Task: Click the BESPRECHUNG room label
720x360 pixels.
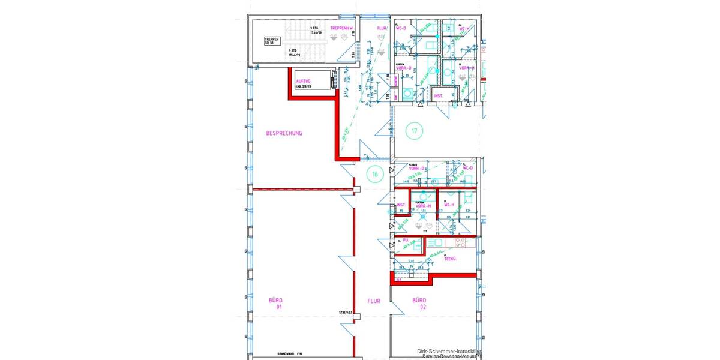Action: tap(284, 133)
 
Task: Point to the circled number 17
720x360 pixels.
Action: tap(413, 130)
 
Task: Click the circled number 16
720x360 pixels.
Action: tap(375, 175)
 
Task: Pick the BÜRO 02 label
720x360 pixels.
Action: tap(419, 303)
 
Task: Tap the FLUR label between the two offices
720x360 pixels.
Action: tap(374, 303)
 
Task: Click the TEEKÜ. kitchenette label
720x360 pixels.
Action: tap(451, 259)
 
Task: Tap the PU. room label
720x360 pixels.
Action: tap(406, 240)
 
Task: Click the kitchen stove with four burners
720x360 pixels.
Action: tap(460, 243)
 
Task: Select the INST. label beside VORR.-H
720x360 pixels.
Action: tap(401, 205)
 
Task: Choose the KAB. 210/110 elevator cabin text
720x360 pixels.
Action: tap(302, 88)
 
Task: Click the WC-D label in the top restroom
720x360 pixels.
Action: tap(401, 28)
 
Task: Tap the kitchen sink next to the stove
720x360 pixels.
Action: tap(435, 243)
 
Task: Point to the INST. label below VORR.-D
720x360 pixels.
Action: tap(439, 96)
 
